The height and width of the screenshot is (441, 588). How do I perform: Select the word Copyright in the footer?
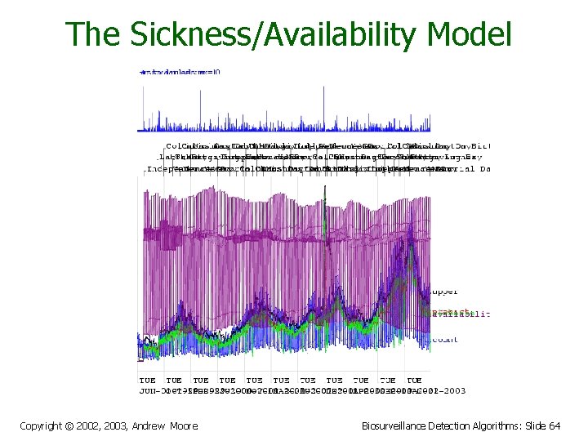[45, 425]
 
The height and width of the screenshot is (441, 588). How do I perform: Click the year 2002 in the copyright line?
[99, 425]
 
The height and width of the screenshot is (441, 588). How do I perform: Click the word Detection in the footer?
[448, 425]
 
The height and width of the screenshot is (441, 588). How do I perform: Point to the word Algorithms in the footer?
[498, 425]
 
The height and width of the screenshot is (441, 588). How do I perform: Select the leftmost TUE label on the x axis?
[147, 380]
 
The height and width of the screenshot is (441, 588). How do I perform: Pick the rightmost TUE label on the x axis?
[414, 380]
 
